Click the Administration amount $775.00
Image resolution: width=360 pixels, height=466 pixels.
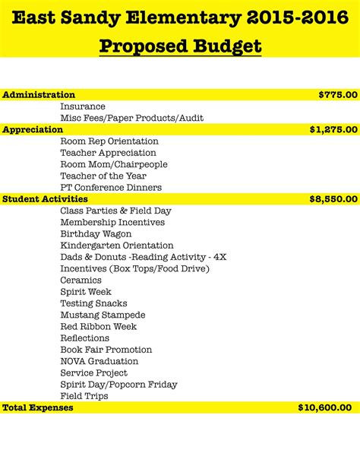(x=337, y=95)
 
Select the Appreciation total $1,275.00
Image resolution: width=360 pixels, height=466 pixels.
(x=333, y=130)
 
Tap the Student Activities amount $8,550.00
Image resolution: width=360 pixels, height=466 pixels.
(x=333, y=199)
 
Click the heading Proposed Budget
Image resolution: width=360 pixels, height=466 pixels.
(x=180, y=46)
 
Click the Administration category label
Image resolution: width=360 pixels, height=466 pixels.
(x=39, y=95)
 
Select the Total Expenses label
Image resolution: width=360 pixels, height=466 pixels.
(x=38, y=408)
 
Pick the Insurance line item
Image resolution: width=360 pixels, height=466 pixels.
(x=83, y=106)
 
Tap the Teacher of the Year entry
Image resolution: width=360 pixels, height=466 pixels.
(x=103, y=176)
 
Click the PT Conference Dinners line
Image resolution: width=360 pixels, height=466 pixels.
(x=110, y=188)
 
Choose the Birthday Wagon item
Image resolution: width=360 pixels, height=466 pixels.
(x=96, y=234)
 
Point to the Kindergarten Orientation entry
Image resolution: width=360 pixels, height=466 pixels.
(x=117, y=246)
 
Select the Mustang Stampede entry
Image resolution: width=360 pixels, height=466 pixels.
(x=103, y=315)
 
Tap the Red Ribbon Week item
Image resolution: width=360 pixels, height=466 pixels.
(x=99, y=327)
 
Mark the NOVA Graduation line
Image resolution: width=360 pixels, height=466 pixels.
(x=99, y=361)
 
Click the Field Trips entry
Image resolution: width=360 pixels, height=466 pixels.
(x=84, y=396)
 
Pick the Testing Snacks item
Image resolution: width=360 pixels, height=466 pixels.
(x=93, y=303)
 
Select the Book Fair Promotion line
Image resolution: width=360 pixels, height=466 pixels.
(x=106, y=350)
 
